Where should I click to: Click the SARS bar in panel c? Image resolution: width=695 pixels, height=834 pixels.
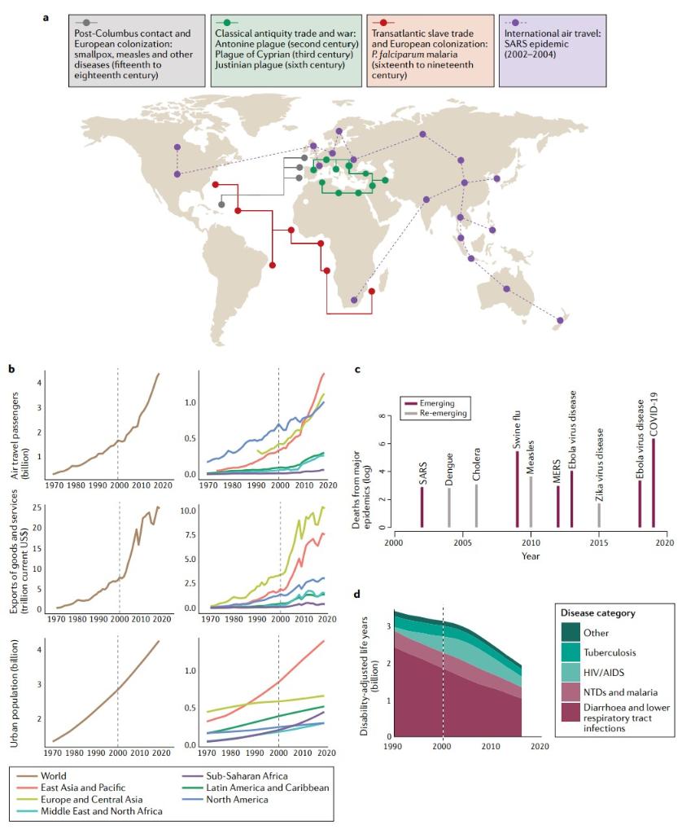(x=422, y=507)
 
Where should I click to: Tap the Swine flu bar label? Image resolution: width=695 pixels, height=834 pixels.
(x=516, y=431)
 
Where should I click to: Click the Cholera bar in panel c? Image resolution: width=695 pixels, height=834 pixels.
(x=477, y=506)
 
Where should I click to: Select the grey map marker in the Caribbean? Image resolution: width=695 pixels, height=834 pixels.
(x=221, y=204)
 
